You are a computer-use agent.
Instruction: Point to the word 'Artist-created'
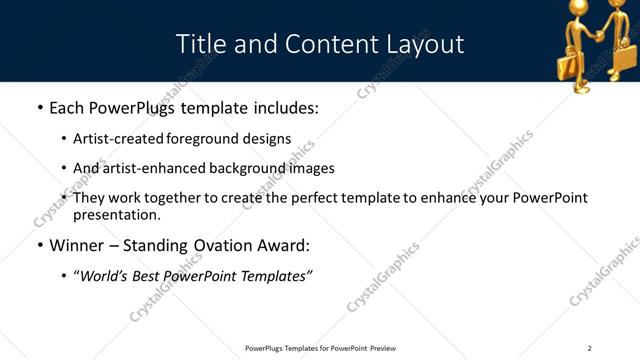coord(120,139)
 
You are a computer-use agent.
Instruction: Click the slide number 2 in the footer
coord(589,347)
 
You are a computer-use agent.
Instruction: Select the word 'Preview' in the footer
coord(381,347)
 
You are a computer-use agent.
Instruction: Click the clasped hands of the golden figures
coord(597,33)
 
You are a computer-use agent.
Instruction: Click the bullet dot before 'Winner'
coord(39,246)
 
